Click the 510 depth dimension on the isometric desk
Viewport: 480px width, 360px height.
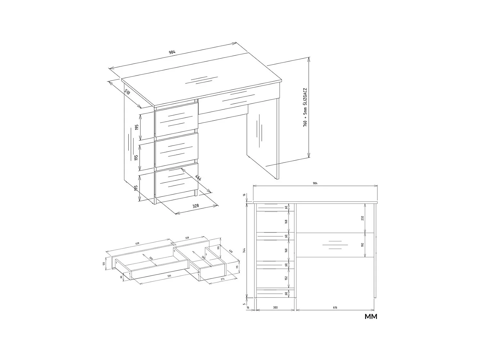click(127, 93)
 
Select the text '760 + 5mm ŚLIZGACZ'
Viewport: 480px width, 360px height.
click(305, 108)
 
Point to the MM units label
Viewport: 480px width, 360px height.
click(371, 317)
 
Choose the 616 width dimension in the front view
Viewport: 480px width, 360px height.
click(335, 308)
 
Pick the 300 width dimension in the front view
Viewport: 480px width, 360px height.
click(275, 308)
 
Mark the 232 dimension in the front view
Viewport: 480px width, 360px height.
click(363, 218)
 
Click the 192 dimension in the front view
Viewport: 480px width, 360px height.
click(363, 245)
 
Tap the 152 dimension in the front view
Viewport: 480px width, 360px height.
click(286, 278)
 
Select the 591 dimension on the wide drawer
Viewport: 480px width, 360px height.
click(170, 276)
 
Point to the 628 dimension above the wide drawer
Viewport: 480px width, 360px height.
click(137, 244)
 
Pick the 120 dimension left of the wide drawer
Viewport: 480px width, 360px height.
click(104, 264)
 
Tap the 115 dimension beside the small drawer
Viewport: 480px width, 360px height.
click(237, 267)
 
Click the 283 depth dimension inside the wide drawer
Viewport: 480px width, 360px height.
click(151, 259)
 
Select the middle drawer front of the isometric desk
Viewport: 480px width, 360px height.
click(176, 149)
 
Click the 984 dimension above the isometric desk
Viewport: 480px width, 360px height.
click(172, 52)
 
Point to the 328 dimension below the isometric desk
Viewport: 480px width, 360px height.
click(196, 206)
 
